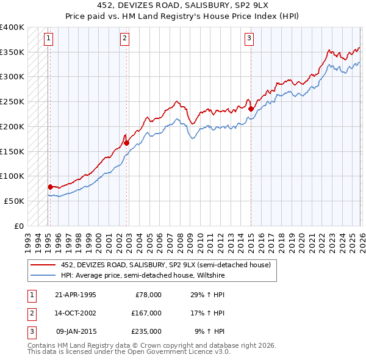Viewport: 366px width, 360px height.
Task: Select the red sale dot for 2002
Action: coord(127,143)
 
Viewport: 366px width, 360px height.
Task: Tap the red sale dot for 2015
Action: coord(251,109)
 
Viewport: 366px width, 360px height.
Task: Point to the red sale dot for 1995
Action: coord(50,187)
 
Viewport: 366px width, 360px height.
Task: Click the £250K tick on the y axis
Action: coord(12,101)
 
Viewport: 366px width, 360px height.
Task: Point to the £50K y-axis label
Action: coord(14,201)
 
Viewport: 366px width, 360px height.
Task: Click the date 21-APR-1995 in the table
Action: coord(75,295)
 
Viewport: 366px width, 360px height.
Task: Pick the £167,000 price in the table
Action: coord(146,313)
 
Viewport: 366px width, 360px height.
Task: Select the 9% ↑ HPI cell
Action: coord(209,331)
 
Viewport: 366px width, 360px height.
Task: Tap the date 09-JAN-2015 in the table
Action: coord(76,331)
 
